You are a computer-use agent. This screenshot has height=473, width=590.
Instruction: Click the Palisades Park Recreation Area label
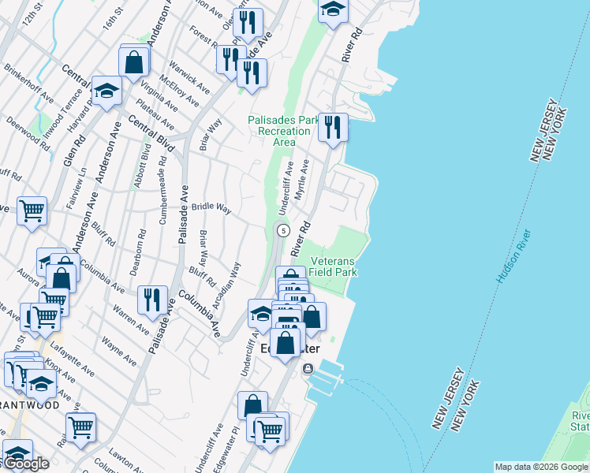click(283, 131)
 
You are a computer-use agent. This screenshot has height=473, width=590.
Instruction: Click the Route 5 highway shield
click(282, 229)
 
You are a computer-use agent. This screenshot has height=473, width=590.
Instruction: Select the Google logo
click(26, 463)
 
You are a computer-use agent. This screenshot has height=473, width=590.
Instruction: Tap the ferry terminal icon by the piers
click(308, 368)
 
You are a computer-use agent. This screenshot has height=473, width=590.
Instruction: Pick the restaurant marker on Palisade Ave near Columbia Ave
click(152, 300)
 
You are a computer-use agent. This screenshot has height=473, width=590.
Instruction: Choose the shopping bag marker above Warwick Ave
click(134, 61)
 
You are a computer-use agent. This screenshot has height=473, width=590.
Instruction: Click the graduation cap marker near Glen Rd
click(106, 91)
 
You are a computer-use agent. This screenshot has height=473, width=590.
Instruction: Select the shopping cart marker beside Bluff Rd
click(32, 210)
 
